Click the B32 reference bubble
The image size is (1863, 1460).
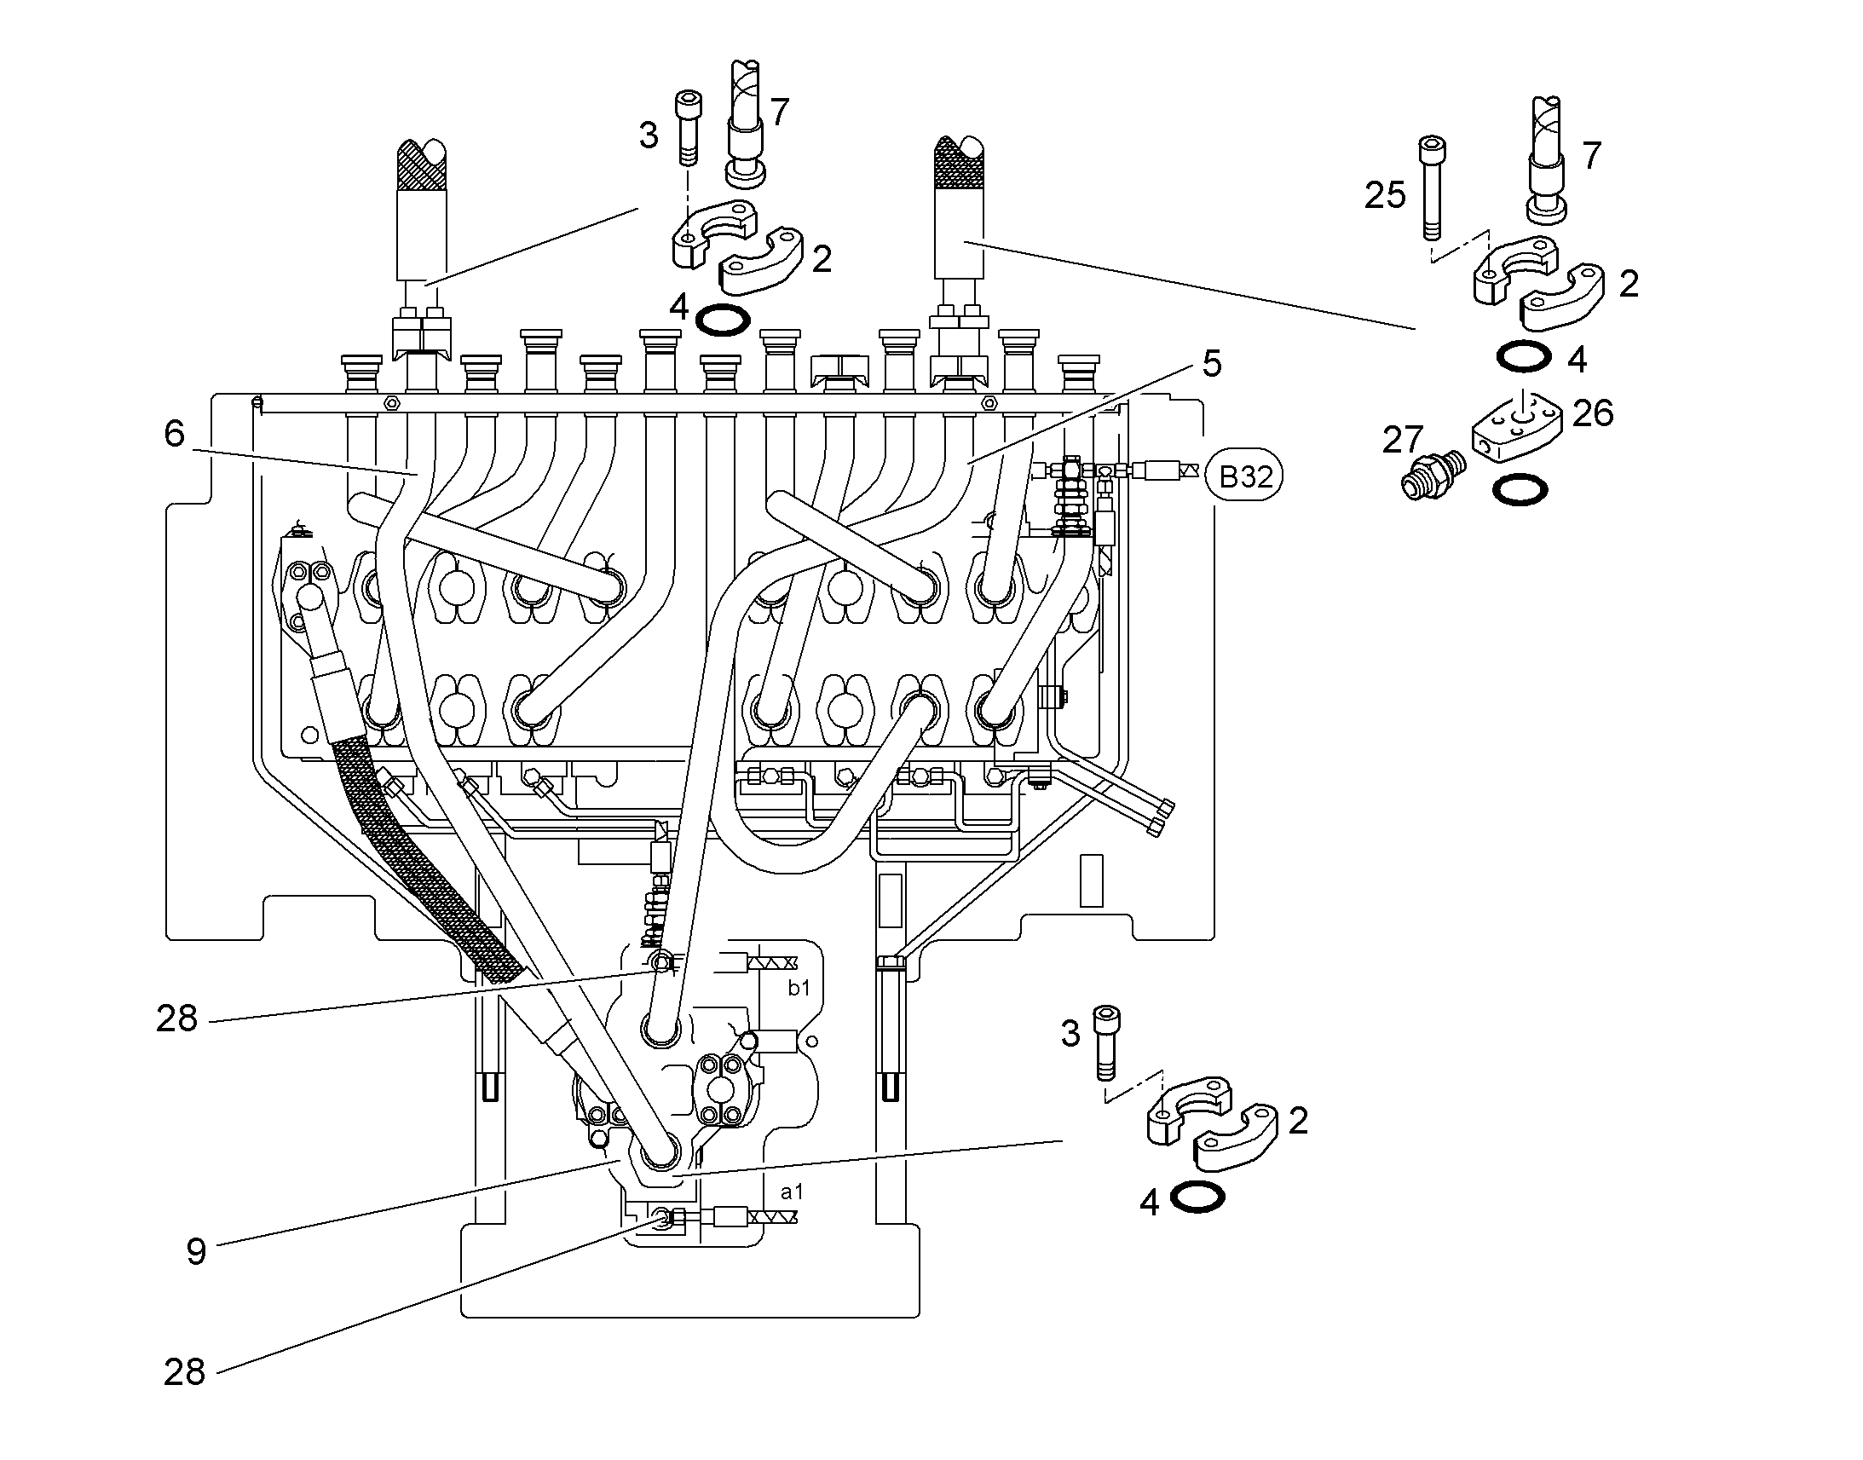(x=1244, y=476)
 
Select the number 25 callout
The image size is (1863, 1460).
(x=1385, y=196)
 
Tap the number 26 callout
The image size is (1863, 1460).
(x=1593, y=413)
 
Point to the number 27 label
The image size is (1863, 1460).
(x=1403, y=441)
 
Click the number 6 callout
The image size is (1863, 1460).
(x=175, y=434)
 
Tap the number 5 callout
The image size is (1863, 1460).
(x=1212, y=364)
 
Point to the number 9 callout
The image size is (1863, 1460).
(x=197, y=1251)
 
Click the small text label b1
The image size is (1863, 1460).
(x=799, y=988)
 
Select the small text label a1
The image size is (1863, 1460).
(x=793, y=1192)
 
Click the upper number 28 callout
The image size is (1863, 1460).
(x=177, y=1019)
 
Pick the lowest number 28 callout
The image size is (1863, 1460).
(x=185, y=1373)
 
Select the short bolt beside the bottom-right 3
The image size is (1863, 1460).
(x=1108, y=1042)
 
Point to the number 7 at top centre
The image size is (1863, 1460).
(x=780, y=112)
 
